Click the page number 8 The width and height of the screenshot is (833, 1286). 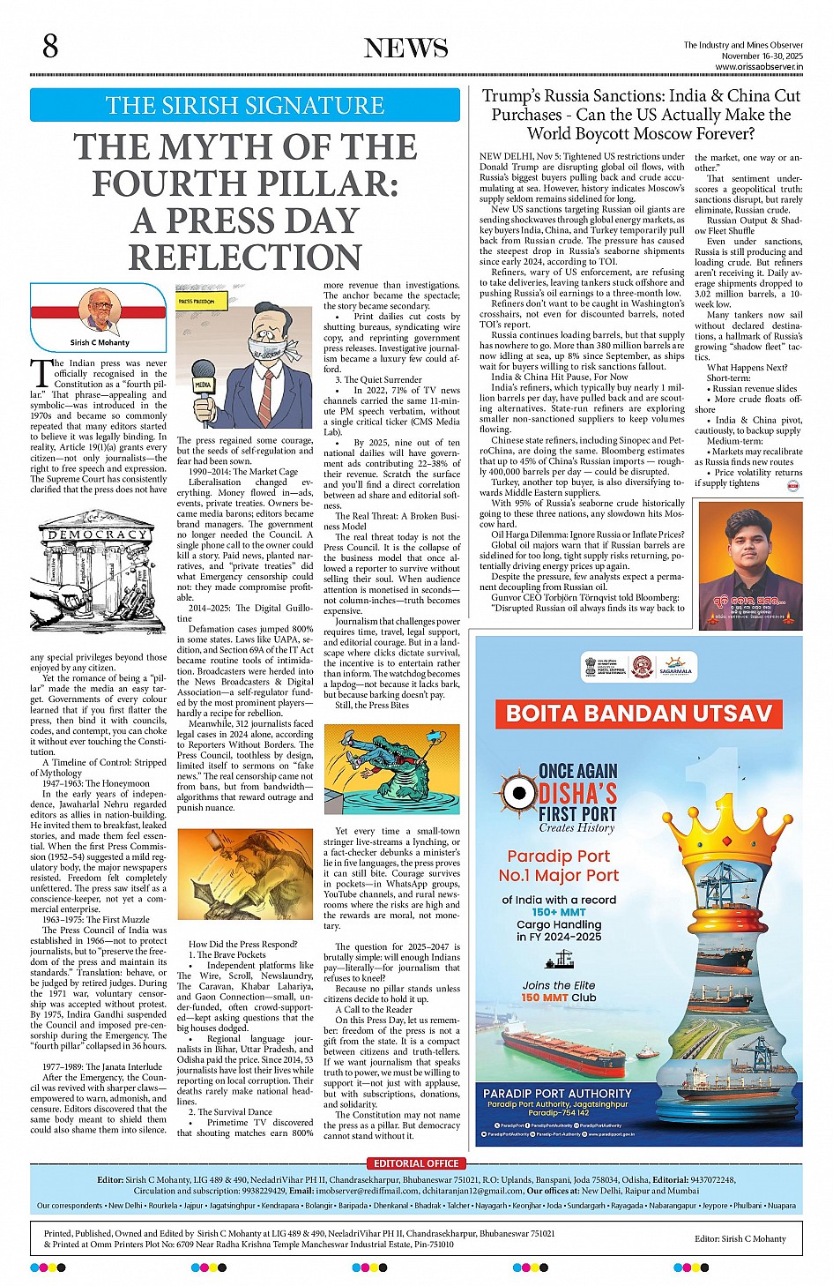coord(50,46)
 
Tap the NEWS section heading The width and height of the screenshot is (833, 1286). coord(406,49)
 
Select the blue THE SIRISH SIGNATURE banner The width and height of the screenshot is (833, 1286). coord(245,105)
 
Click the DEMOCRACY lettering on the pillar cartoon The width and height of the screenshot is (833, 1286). coord(97,535)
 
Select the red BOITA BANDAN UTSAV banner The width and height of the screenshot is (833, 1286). coord(639,713)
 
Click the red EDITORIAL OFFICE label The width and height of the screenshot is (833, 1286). coord(416,1163)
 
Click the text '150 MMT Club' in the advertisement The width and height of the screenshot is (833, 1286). coord(558,998)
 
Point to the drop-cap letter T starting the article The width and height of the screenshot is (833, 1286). coord(40,373)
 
